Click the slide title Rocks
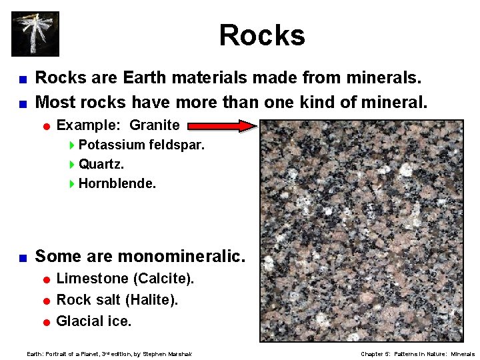262,35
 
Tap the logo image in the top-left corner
35,33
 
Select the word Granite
154,125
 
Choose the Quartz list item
101,164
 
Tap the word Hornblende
117,183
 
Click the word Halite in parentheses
156,300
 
